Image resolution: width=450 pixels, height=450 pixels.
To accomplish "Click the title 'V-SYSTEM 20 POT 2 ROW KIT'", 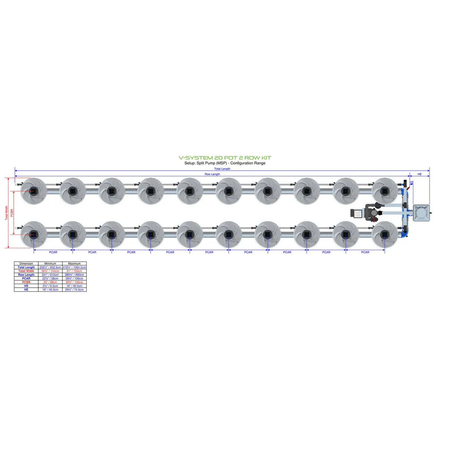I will tap(225, 158).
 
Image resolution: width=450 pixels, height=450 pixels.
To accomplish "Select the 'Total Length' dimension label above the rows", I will tap(222, 169).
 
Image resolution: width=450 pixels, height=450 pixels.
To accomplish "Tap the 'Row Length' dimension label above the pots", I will tap(212, 174).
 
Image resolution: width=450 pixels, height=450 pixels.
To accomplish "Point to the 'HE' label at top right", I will tap(420, 174).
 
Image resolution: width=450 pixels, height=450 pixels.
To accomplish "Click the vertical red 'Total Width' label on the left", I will tap(6, 213).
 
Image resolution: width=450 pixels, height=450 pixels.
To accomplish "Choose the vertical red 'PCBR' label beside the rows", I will tap(12, 213).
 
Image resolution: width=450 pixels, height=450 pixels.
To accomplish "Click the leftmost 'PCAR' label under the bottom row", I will tap(53, 252).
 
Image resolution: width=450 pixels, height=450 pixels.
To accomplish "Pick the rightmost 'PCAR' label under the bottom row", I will tap(365, 252).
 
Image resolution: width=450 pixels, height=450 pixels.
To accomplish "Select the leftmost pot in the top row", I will tap(33, 191).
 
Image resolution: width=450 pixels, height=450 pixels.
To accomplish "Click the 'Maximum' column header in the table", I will tap(74, 264).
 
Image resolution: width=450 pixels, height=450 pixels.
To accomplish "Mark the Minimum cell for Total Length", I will tap(50, 267).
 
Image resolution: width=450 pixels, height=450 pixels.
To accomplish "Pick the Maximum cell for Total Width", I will tap(74, 271).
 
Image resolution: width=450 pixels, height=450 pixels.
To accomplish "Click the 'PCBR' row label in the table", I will tap(26, 282).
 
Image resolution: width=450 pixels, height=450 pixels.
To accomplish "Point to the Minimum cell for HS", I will tap(50, 286).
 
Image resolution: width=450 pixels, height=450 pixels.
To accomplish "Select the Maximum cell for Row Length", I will tap(74, 275).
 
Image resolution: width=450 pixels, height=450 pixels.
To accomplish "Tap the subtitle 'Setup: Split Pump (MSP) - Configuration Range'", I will tap(225, 163).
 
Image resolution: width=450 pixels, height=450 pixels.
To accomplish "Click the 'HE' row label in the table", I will tap(26, 289).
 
